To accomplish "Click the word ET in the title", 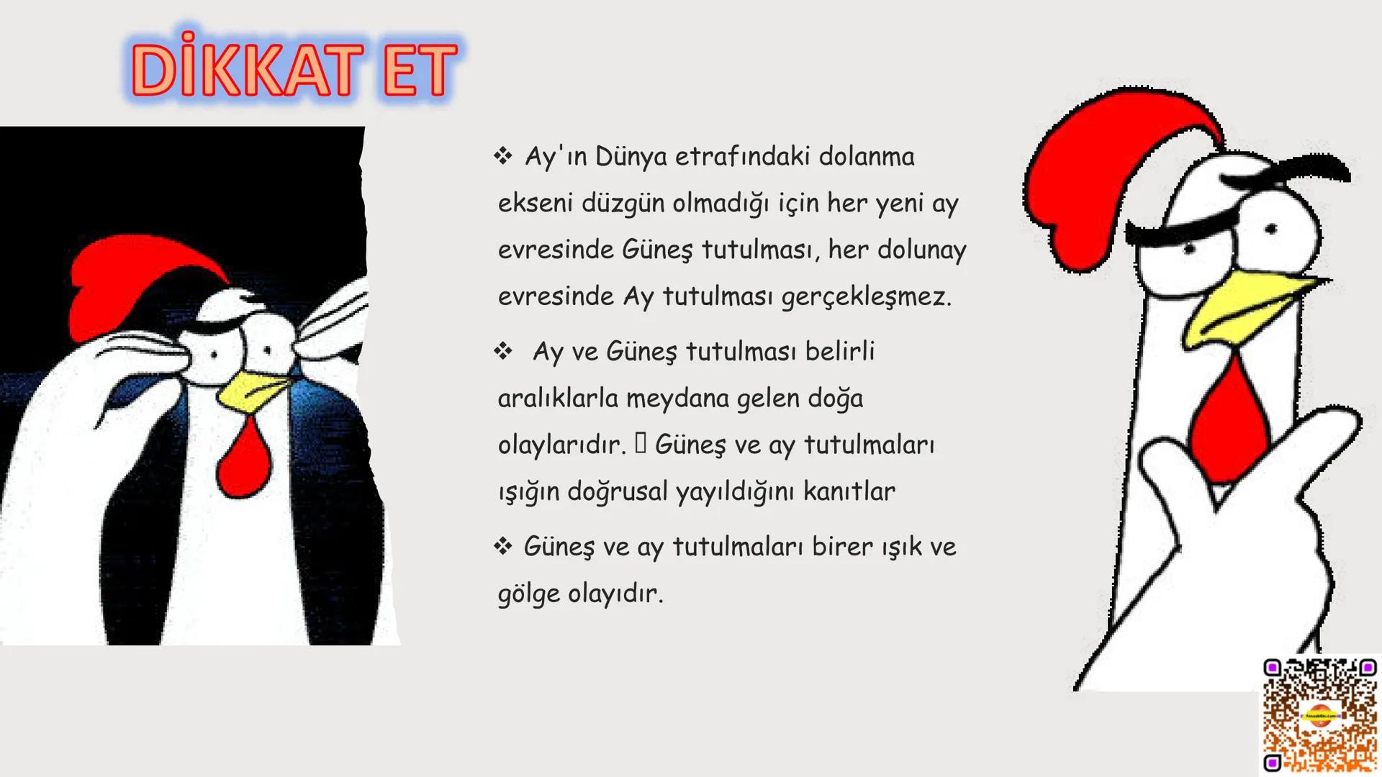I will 420,70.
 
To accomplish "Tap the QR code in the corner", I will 1320,714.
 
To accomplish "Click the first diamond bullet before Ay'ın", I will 502,155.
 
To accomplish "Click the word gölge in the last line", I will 528,594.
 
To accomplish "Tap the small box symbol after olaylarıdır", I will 641,444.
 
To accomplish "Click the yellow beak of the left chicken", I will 252,392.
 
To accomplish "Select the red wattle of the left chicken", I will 243,460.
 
